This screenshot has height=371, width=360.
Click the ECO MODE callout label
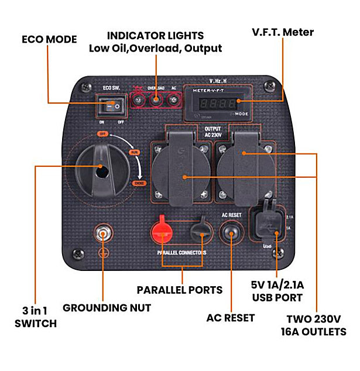[x=49, y=40]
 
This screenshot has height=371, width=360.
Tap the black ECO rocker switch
[x=112, y=105]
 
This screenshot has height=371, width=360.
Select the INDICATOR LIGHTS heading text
[x=155, y=36]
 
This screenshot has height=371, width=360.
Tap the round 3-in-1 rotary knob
[x=101, y=170]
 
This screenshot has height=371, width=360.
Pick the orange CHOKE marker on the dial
[x=139, y=184]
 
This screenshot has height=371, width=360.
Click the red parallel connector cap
[x=163, y=228]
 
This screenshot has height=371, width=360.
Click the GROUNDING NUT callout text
[x=107, y=308]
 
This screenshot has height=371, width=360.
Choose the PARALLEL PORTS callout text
[x=179, y=290]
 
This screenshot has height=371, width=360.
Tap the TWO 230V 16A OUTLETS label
[x=317, y=326]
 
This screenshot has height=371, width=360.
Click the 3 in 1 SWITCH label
[x=36, y=317]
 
